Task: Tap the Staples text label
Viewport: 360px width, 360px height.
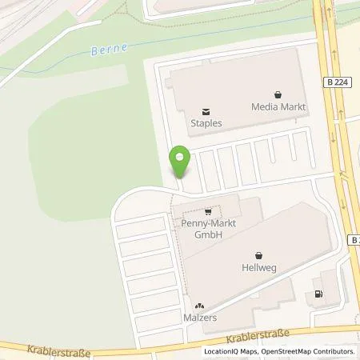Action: click(206, 124)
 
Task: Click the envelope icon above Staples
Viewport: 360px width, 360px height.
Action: click(206, 111)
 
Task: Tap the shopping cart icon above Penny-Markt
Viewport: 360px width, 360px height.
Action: click(208, 212)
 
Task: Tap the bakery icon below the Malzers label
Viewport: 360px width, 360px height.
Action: click(200, 305)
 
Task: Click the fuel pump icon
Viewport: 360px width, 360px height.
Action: click(320, 294)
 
